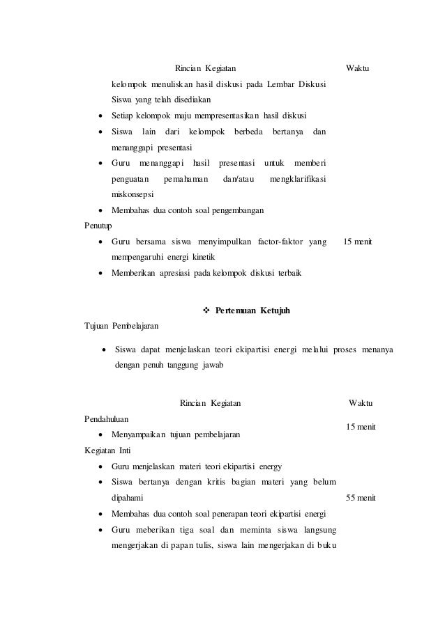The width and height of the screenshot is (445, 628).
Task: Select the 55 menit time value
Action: tap(361, 498)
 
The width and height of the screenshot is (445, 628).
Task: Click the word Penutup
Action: tap(97, 226)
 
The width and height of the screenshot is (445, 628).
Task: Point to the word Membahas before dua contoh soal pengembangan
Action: tap(130, 210)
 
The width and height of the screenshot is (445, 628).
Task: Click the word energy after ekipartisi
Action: tap(269, 466)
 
